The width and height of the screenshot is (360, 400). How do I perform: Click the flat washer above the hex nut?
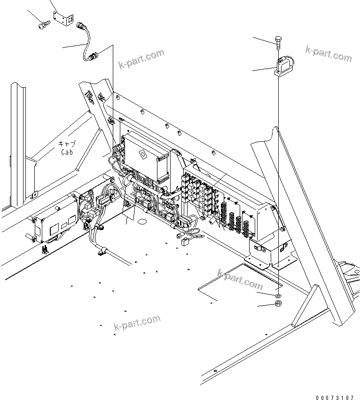[278, 297]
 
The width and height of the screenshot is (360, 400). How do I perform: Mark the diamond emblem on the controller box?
[142, 154]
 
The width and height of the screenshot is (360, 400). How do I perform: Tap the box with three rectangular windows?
[55, 223]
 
